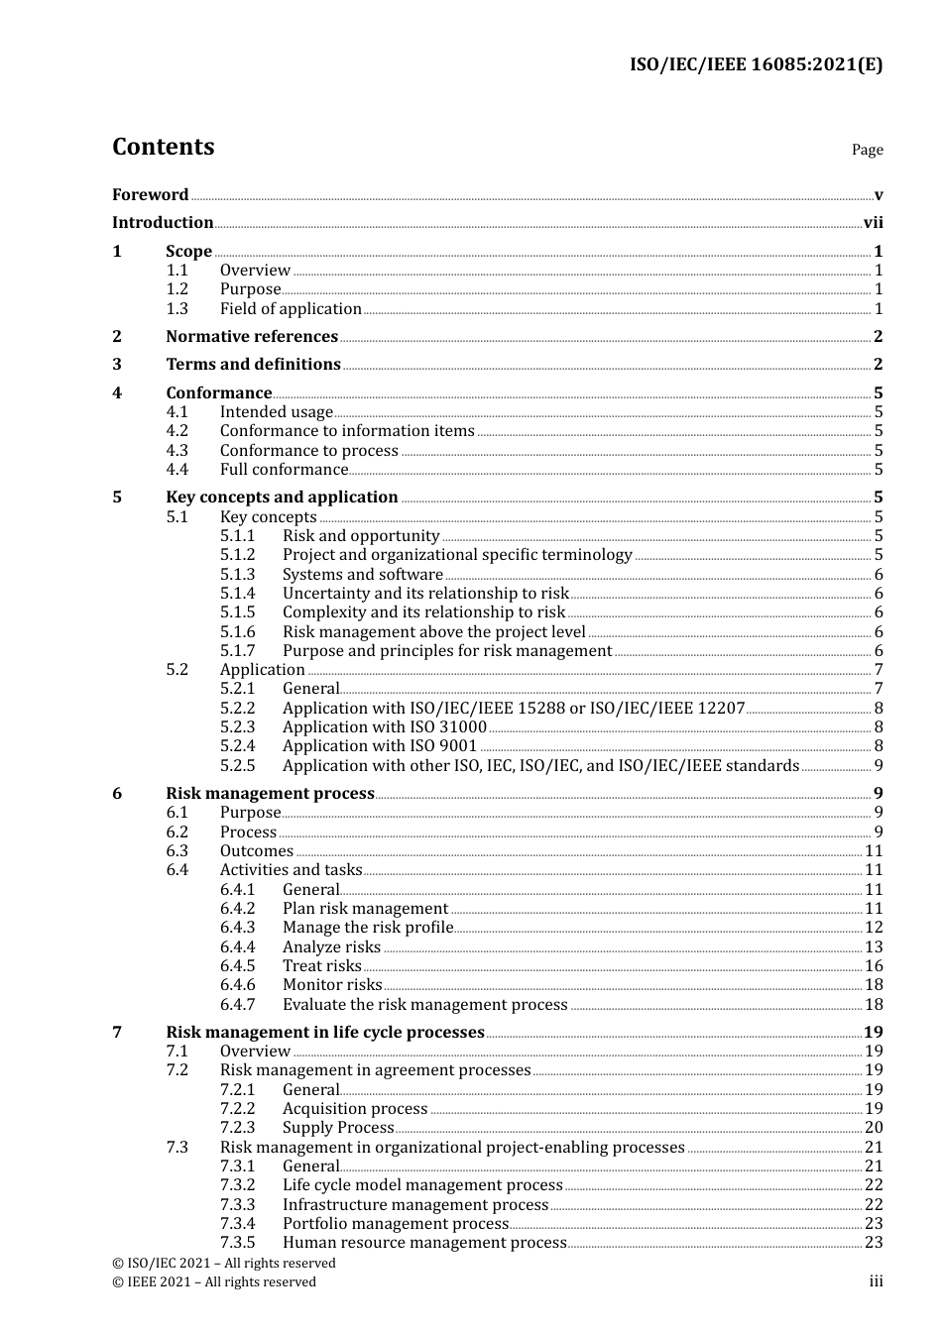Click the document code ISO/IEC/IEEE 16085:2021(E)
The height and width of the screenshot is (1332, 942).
click(756, 65)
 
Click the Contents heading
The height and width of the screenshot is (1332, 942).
click(163, 147)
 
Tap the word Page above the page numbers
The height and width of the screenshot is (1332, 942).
click(867, 150)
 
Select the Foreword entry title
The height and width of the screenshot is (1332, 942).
click(150, 195)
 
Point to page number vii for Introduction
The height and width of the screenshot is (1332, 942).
click(873, 223)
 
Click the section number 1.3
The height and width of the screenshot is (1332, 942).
click(177, 309)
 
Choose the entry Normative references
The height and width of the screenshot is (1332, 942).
click(252, 337)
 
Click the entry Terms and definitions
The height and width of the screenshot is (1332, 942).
click(253, 365)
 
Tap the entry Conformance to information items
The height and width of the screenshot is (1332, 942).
click(347, 431)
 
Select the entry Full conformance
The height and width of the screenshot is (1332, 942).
click(284, 470)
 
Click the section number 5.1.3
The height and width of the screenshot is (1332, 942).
click(237, 575)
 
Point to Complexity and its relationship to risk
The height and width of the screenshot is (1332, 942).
click(423, 612)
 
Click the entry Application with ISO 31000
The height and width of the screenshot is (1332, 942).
click(385, 727)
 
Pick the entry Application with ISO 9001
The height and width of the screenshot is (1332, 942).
click(380, 746)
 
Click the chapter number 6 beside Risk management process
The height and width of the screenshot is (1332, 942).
click(117, 794)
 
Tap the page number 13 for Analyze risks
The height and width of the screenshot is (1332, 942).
click(873, 947)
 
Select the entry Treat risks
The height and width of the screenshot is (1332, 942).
click(321, 966)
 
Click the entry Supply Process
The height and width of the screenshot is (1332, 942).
click(338, 1128)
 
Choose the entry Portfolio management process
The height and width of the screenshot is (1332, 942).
click(395, 1224)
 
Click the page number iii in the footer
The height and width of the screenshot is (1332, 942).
click(876, 1281)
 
